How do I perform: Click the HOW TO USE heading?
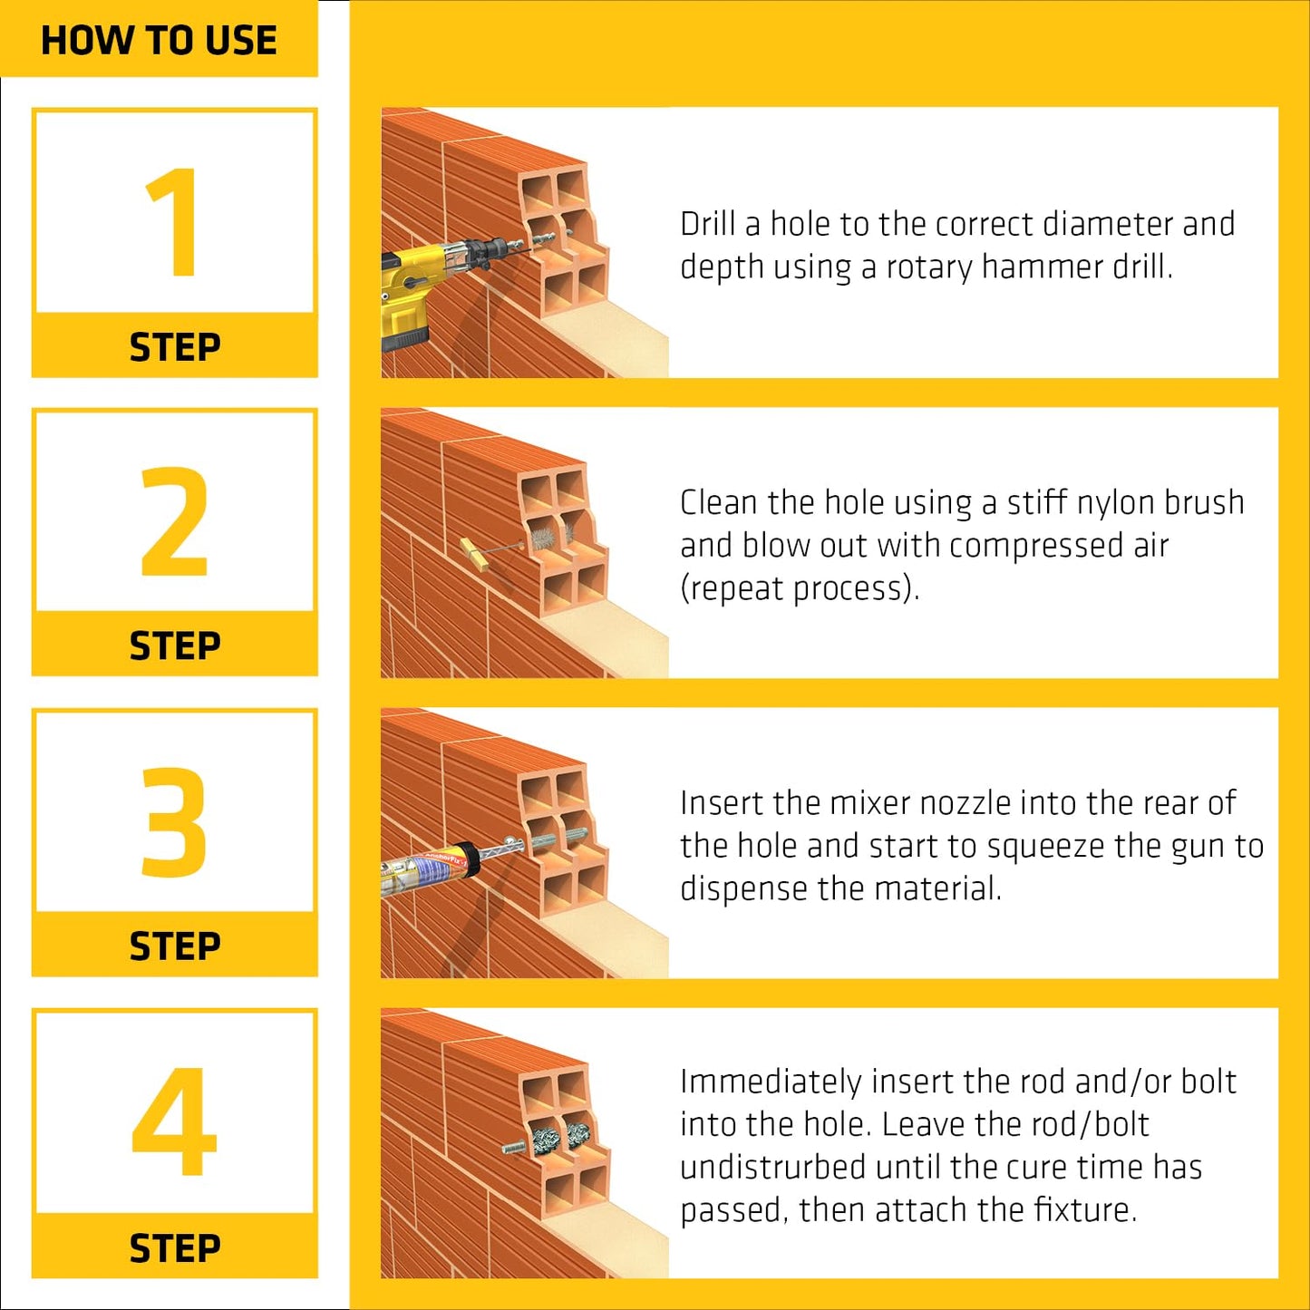159,41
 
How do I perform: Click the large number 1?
172,222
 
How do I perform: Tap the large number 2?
174,522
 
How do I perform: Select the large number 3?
174,821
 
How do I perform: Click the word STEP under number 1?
174,347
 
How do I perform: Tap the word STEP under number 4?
174,1248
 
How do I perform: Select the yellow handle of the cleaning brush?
474,554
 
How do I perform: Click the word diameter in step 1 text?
1097,224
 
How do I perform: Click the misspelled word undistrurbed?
772,1167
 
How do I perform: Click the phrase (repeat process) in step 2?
800,589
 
